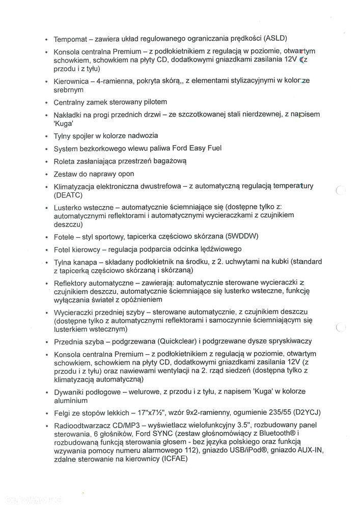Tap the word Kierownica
click(x=72, y=81)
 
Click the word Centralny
click(x=72, y=102)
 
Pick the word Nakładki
click(x=70, y=115)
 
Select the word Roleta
click(x=65, y=161)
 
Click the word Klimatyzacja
click(x=76, y=187)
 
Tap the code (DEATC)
click(x=68, y=195)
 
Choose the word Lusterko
click(x=69, y=208)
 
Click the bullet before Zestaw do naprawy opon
click(x=46, y=175)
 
